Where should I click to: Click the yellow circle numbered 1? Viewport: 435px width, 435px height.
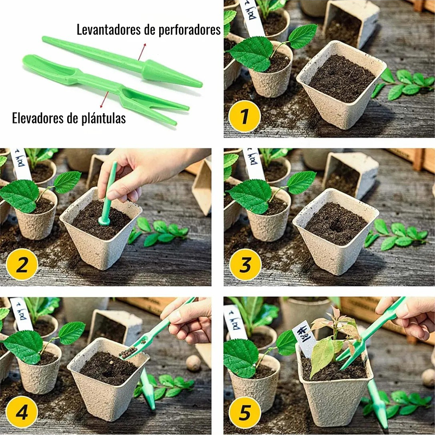[244, 116]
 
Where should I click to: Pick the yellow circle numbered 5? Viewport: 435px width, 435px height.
[244, 413]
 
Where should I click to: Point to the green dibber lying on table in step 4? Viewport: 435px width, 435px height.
[147, 389]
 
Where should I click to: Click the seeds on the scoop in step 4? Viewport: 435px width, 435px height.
[128, 353]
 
